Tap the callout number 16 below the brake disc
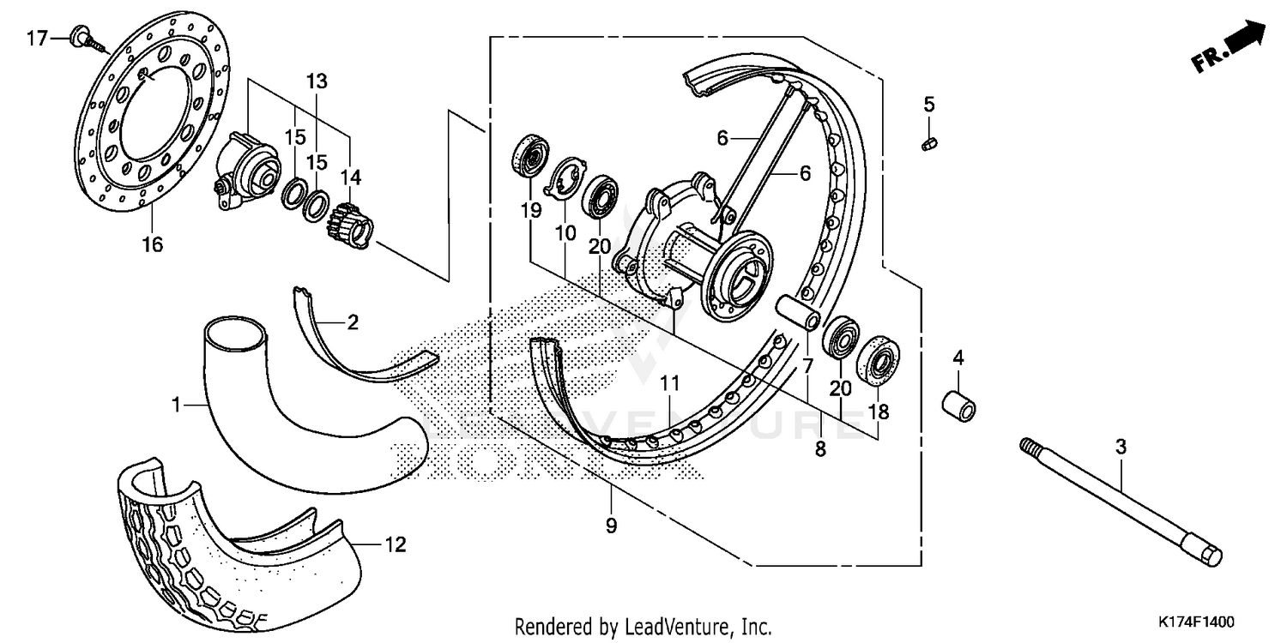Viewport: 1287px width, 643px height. pos(152,244)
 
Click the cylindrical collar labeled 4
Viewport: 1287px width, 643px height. pos(959,405)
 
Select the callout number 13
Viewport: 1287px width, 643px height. pos(317,82)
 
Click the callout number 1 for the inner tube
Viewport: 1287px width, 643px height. pos(177,403)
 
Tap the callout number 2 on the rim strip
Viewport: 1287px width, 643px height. pos(353,322)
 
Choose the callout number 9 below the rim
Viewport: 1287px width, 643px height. pos(611,526)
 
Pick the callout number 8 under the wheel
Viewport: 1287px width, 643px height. pos(820,448)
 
